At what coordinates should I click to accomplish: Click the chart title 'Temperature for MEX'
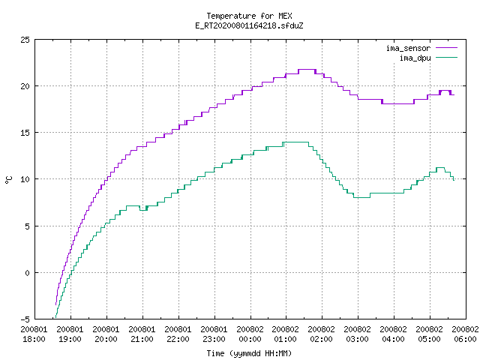(x=249, y=16)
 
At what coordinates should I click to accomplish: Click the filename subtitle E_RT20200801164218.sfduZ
(x=249, y=25)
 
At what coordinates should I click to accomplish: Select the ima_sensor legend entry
(x=421, y=48)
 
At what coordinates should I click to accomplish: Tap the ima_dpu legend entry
(x=428, y=58)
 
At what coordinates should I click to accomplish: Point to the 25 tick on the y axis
(x=25, y=40)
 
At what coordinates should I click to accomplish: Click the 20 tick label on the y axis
(x=25, y=86)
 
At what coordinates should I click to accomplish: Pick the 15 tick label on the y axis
(x=25, y=133)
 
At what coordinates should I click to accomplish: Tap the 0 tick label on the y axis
(x=27, y=272)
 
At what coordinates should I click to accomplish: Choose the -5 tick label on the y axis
(x=25, y=319)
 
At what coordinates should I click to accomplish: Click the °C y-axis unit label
(x=9, y=180)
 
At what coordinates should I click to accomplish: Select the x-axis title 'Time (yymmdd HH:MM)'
(x=249, y=353)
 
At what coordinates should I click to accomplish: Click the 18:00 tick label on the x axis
(x=34, y=334)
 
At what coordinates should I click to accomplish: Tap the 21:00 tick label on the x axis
(x=142, y=334)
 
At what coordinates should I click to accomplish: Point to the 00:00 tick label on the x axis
(x=250, y=334)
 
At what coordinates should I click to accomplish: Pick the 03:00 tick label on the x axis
(x=357, y=334)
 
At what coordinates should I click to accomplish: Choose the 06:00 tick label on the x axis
(x=465, y=334)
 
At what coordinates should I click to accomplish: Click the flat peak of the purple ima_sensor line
(x=307, y=70)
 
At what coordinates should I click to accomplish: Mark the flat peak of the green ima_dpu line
(x=296, y=142)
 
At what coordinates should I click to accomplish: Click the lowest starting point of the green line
(x=55, y=318)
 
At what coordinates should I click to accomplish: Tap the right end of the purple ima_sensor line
(x=454, y=94)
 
